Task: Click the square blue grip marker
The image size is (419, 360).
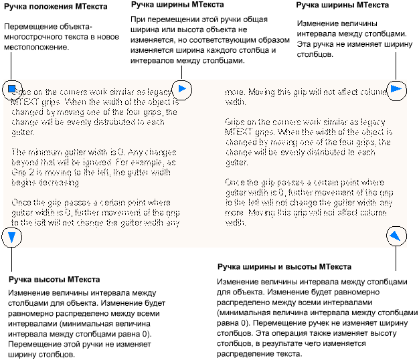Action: coord(12,88)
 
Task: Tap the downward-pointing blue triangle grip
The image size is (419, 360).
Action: coord(12,236)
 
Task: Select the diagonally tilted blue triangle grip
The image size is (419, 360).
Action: coord(396,235)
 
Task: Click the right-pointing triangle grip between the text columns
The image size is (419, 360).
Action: coord(182,88)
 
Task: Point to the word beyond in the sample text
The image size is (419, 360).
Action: coord(25,162)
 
